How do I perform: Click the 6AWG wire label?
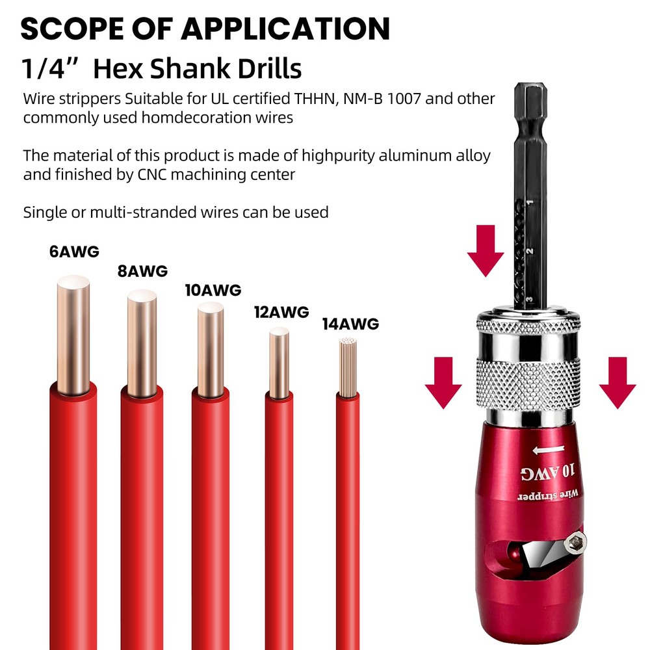(74, 252)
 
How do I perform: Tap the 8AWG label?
(142, 271)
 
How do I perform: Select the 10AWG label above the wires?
(213, 290)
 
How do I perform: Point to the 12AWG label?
(281, 312)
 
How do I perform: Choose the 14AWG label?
(351, 324)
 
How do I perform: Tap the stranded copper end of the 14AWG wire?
(348, 367)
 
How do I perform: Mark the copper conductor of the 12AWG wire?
(279, 362)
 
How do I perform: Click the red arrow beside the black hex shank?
(486, 251)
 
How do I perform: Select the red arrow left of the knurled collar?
(443, 383)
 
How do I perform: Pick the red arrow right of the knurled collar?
(617, 383)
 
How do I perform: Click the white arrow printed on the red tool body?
(549, 450)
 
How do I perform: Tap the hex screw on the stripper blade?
(576, 542)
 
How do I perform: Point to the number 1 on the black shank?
(530, 203)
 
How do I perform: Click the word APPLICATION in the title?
(285, 29)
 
